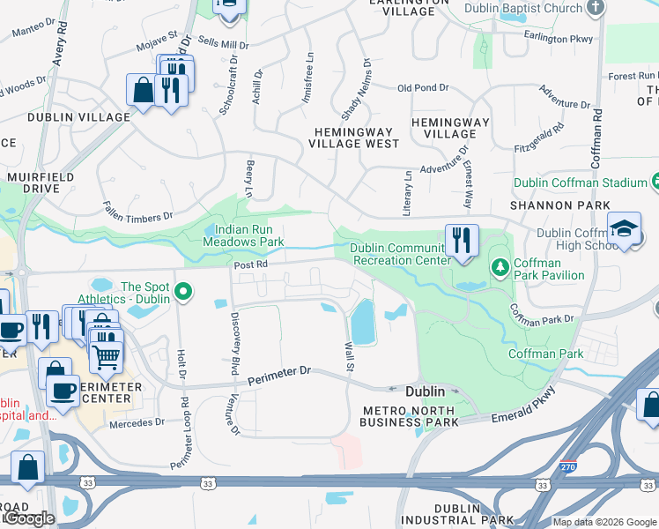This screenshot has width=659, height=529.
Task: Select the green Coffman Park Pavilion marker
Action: pyautogui.click(x=500, y=265)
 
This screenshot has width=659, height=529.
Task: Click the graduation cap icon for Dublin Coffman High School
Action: pyautogui.click(x=624, y=230)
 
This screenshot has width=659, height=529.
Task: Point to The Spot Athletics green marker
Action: pyautogui.click(x=183, y=291)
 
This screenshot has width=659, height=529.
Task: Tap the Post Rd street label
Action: pyautogui.click(x=250, y=264)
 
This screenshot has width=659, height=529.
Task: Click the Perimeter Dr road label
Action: pyautogui.click(x=280, y=376)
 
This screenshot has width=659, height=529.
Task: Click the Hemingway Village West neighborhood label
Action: pyautogui.click(x=352, y=137)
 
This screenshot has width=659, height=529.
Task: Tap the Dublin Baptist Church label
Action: pyautogui.click(x=537, y=9)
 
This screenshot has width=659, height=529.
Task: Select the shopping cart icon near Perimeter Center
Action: pyautogui.click(x=106, y=354)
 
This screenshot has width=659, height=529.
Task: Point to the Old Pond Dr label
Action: pyautogui.click(x=423, y=88)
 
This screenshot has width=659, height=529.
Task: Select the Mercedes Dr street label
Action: pyautogui.click(x=137, y=422)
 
